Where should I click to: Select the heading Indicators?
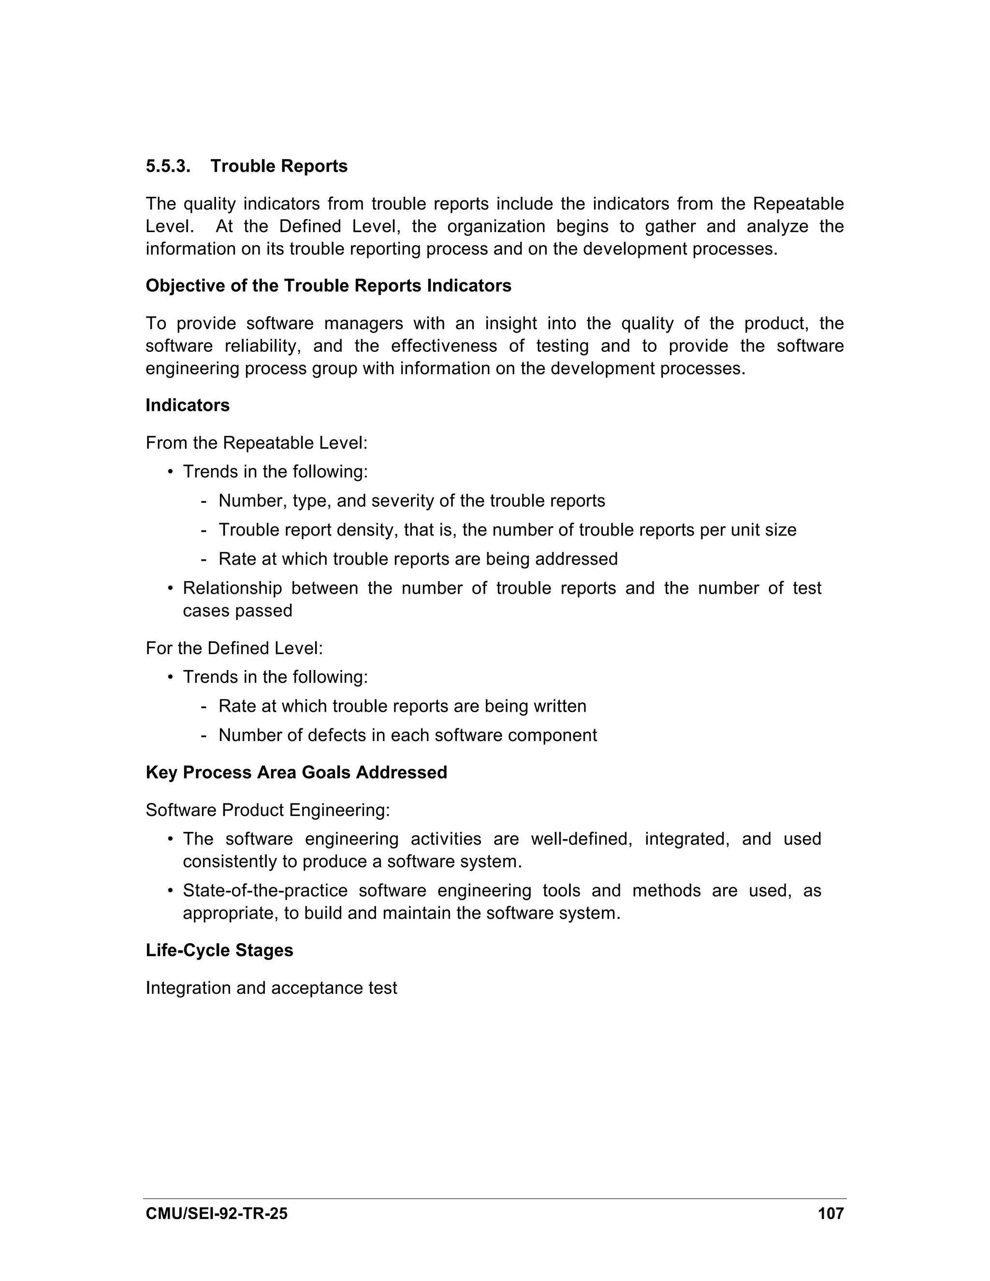click(x=188, y=405)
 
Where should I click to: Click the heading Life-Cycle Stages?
click(x=219, y=950)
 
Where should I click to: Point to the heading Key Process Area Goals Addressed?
click(x=296, y=772)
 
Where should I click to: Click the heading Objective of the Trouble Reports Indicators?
click(x=328, y=286)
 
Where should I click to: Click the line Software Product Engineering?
click(x=267, y=810)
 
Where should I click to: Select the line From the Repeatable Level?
click(x=256, y=443)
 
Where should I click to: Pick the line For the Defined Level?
click(x=234, y=648)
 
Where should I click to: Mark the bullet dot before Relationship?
click(x=170, y=588)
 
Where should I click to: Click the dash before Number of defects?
click(x=204, y=736)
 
